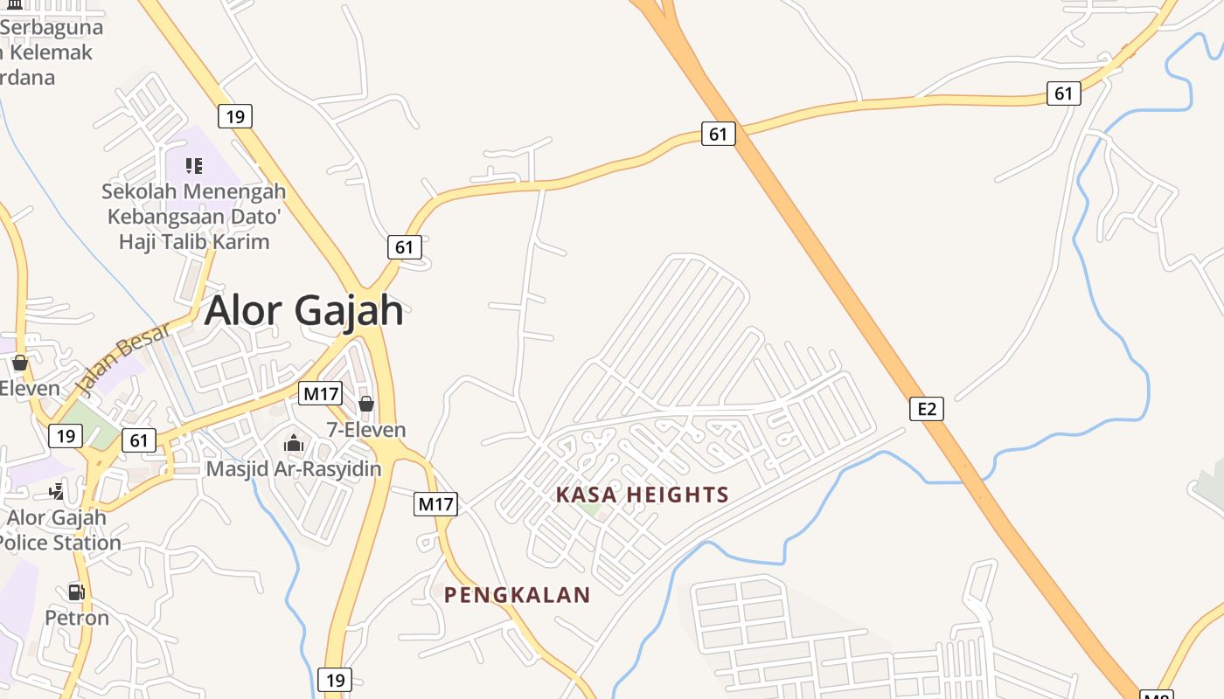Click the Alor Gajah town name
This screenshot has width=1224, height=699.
click(x=303, y=310)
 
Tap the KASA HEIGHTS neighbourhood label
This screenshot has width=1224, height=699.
click(x=642, y=495)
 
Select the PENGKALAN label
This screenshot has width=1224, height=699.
click(x=517, y=595)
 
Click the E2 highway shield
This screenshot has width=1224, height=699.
click(x=927, y=408)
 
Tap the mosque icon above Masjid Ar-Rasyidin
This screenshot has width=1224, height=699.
click(x=294, y=444)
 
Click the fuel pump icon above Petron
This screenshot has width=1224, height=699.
click(x=77, y=592)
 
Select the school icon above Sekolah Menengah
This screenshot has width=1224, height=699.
click(x=194, y=165)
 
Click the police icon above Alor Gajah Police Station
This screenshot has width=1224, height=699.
click(x=57, y=491)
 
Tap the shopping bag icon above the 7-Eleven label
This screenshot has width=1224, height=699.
click(x=366, y=404)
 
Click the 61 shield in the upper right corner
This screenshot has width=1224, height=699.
click(x=1063, y=93)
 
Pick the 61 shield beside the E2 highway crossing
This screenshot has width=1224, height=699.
click(x=718, y=134)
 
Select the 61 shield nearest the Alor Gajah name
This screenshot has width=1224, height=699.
click(x=404, y=247)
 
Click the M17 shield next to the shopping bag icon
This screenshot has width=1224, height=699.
click(x=320, y=393)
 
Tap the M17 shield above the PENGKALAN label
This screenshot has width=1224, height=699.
click(x=435, y=503)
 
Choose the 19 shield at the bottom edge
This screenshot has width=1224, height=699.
click(x=334, y=679)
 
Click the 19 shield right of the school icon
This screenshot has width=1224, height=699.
click(x=235, y=115)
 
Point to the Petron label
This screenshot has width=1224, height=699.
click(x=77, y=618)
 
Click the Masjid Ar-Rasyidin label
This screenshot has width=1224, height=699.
click(x=294, y=469)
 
